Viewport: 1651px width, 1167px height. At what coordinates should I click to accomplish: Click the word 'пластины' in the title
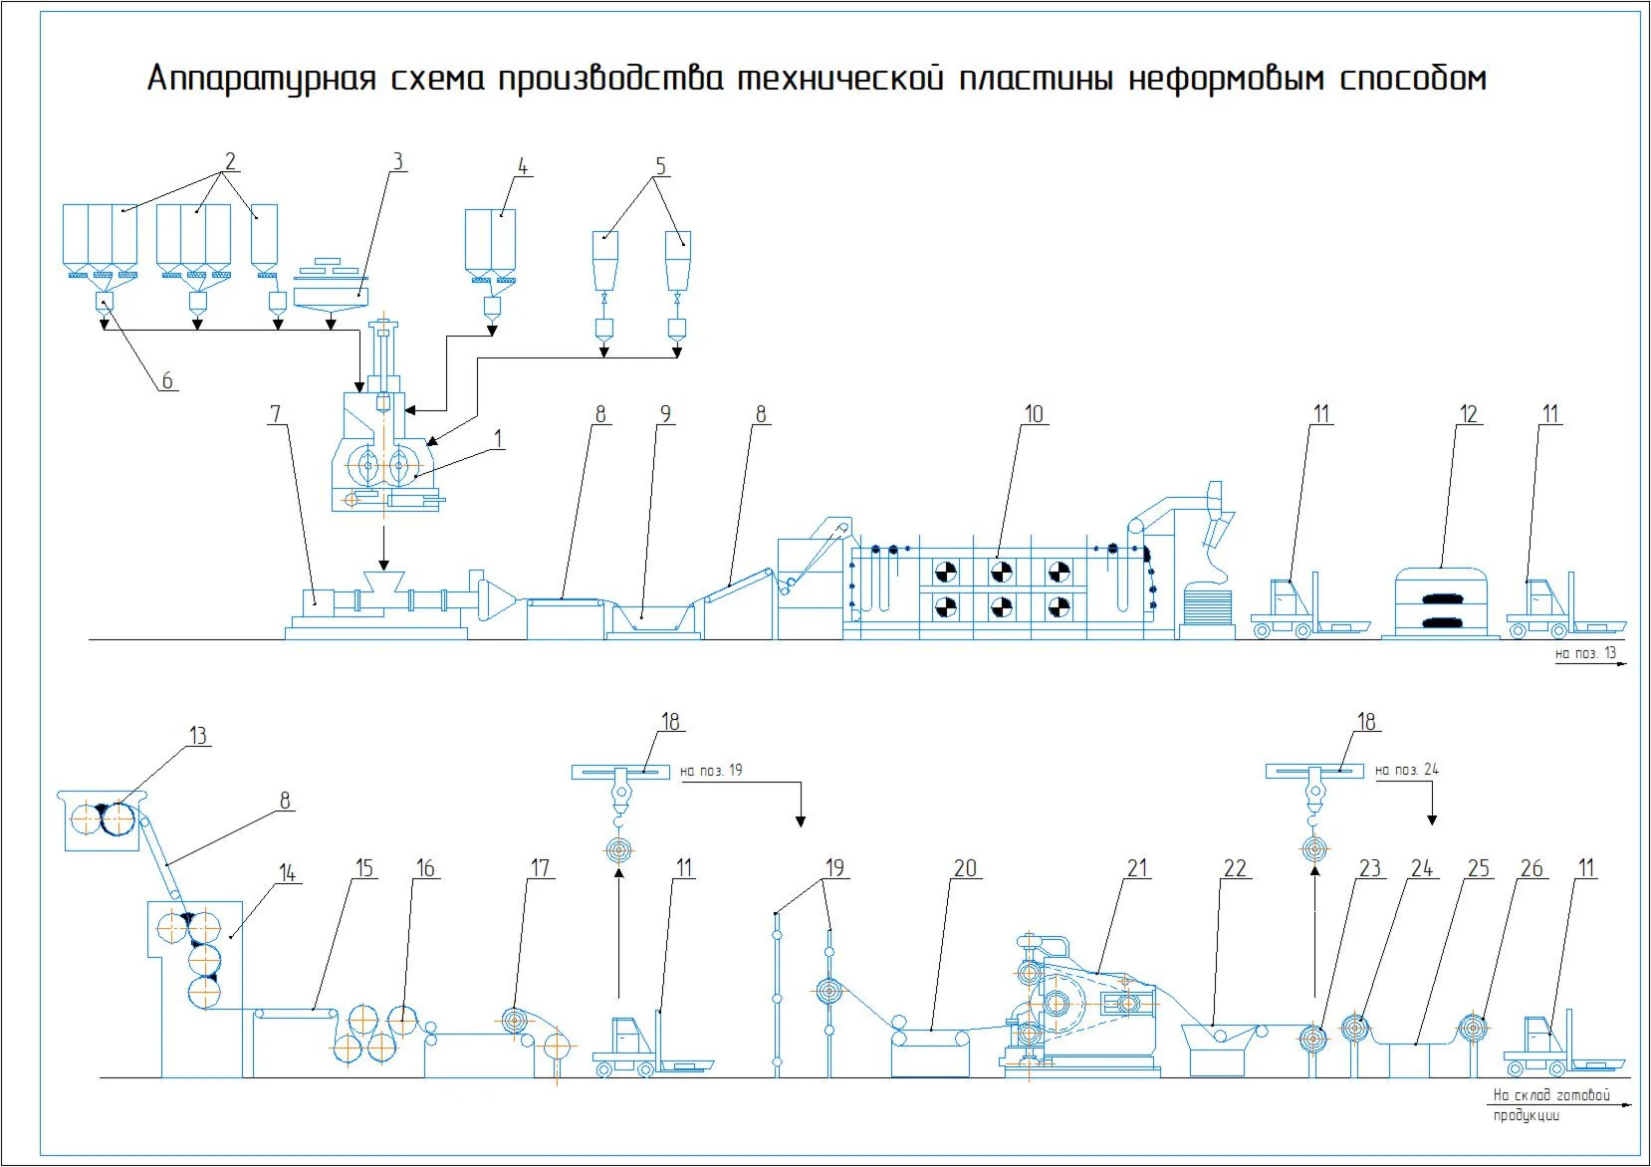[x=1037, y=79]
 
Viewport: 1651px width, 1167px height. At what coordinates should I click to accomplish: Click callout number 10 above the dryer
[x=1034, y=413]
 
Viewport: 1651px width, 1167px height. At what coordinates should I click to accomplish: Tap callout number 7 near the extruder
[x=276, y=413]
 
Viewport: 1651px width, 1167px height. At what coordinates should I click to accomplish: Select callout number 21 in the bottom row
[x=1137, y=868]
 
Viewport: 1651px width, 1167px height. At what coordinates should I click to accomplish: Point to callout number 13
[x=198, y=736]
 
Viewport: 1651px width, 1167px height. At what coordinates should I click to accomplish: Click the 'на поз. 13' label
[x=1586, y=653]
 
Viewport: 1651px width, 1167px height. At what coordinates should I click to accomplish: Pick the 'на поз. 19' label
[x=711, y=771]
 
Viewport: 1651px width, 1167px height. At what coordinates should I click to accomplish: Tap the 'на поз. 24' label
[x=1407, y=770]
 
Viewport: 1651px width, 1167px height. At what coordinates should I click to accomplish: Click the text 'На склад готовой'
[x=1551, y=1095]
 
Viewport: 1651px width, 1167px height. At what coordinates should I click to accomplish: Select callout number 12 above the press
[x=1469, y=413]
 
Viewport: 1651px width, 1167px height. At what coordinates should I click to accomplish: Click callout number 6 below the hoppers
[x=167, y=380]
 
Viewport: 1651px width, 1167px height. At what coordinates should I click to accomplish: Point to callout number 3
[x=397, y=161]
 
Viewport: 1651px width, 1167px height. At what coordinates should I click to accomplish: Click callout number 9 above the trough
[x=665, y=413]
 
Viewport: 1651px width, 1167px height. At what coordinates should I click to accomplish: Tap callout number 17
[x=540, y=868]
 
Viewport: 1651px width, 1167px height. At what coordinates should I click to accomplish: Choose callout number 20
[x=965, y=868]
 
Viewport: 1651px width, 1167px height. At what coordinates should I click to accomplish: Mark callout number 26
[x=1532, y=868]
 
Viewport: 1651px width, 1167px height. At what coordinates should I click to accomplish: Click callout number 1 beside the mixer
[x=498, y=438]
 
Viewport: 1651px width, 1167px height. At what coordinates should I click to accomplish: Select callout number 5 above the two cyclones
[x=659, y=166]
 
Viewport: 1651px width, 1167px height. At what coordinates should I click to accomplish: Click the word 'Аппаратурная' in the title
[x=262, y=79]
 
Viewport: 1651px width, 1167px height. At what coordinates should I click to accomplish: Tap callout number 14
[x=287, y=873]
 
